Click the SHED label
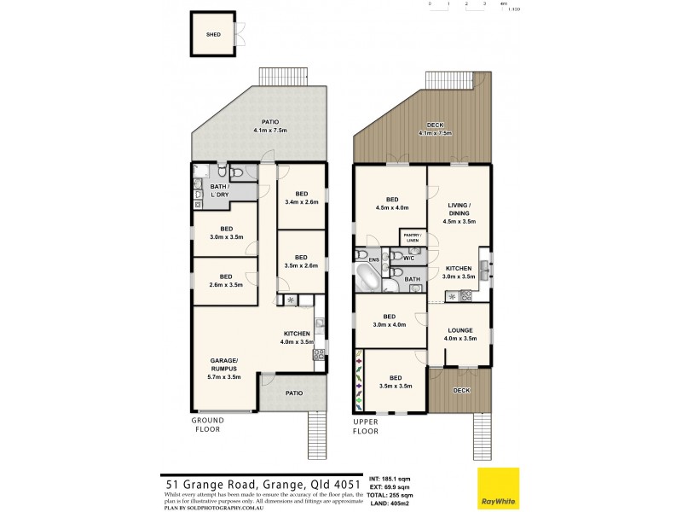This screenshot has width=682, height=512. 212,35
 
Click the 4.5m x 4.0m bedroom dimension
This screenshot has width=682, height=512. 392,207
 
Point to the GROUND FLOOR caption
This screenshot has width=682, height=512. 207,424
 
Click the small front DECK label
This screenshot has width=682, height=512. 461,390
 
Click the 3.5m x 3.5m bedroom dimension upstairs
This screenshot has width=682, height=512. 396,386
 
